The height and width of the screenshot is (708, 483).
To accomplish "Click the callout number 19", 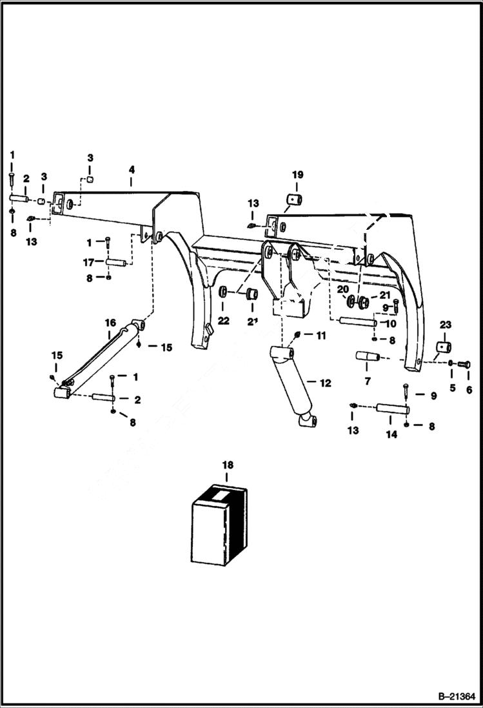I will [297, 175].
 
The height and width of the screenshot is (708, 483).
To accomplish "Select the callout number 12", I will [325, 383].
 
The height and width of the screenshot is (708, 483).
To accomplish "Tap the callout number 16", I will [110, 323].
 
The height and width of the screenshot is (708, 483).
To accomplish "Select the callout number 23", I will [445, 325].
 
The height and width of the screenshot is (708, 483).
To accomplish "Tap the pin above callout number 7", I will [365, 356].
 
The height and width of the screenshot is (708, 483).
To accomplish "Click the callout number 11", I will [320, 336].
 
